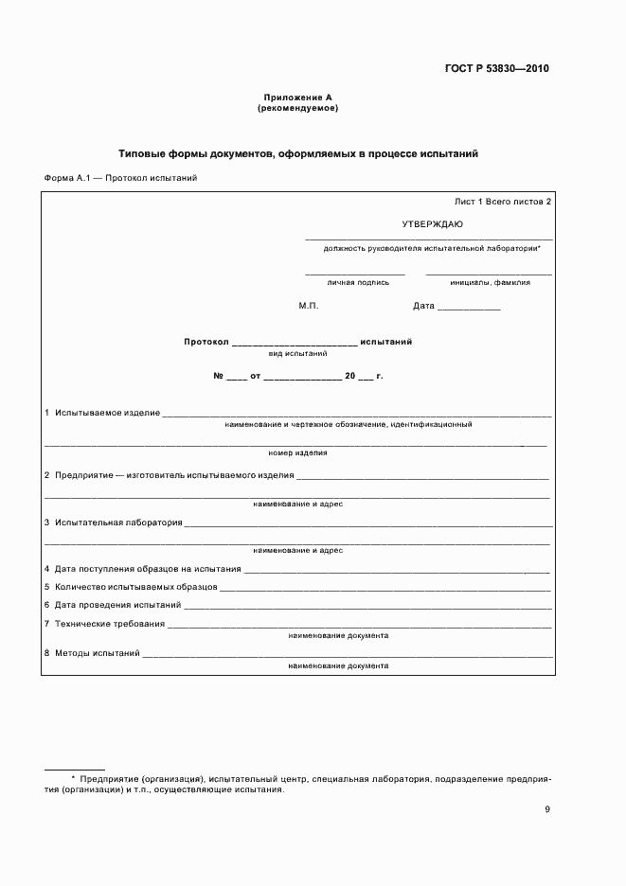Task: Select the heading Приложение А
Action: (297, 97)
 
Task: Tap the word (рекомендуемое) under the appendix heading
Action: (297, 108)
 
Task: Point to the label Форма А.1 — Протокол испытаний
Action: (120, 178)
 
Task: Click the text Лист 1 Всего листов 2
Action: (502, 202)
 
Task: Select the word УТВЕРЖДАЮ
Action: (432, 224)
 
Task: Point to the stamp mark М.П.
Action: (309, 306)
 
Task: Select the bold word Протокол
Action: (206, 342)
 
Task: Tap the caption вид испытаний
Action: (298, 353)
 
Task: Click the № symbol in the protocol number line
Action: (218, 376)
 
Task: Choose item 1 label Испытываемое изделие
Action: (107, 413)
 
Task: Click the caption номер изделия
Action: (297, 452)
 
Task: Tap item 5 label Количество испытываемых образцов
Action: (135, 587)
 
